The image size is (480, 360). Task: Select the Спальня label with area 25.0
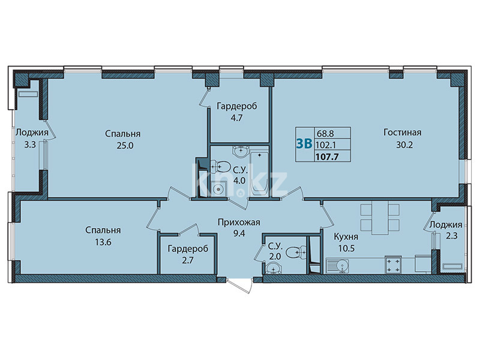(x=117, y=133)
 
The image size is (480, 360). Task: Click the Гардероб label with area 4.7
(x=237, y=106)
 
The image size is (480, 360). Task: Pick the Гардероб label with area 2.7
(x=187, y=249)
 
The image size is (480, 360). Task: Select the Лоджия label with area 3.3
(x=28, y=133)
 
